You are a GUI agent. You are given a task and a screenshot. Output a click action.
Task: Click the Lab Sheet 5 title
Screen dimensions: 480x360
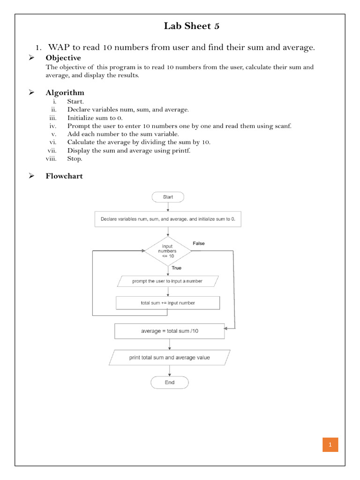tap(191, 26)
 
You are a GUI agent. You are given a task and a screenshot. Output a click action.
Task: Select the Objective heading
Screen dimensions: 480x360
tap(63, 58)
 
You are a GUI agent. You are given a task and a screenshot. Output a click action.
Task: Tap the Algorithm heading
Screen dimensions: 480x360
tap(65, 92)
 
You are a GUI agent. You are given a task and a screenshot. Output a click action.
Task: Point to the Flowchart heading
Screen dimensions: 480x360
tap(64, 176)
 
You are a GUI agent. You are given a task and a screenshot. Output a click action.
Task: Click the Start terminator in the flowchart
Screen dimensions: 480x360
tap(168, 197)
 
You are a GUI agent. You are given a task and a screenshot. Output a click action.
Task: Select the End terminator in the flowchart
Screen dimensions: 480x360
tap(169, 382)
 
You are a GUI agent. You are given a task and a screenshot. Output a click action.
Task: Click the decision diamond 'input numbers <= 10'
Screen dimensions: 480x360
tap(167, 251)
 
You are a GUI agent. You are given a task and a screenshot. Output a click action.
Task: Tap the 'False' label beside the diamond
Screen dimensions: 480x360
tap(198, 243)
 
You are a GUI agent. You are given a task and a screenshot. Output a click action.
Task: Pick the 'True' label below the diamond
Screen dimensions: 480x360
tap(176, 268)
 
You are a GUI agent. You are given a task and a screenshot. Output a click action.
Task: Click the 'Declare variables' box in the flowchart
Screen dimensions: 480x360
tap(168, 219)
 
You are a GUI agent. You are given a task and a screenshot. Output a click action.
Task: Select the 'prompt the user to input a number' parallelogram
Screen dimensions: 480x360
tap(167, 281)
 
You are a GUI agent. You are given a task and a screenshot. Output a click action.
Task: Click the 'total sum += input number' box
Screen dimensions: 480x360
tap(168, 303)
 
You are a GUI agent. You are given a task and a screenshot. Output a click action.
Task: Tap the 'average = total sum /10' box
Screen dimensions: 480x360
tap(169, 331)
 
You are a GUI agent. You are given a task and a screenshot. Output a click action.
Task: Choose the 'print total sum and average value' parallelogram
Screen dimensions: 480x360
tap(169, 357)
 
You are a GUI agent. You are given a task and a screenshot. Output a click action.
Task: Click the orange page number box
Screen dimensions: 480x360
tap(330, 445)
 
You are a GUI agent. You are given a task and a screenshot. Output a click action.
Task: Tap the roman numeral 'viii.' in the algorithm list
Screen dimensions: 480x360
tap(51, 159)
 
